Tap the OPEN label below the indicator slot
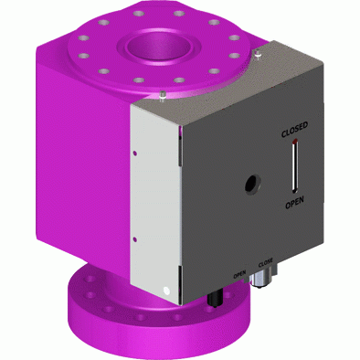[x=294, y=203]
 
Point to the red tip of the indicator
[x=295, y=142]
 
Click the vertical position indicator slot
[x=294, y=166]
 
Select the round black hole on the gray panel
[x=253, y=184]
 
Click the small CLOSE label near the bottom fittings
[x=265, y=263]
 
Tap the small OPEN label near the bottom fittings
[x=239, y=274]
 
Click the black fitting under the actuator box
[x=215, y=298]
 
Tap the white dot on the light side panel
[x=166, y=291]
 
